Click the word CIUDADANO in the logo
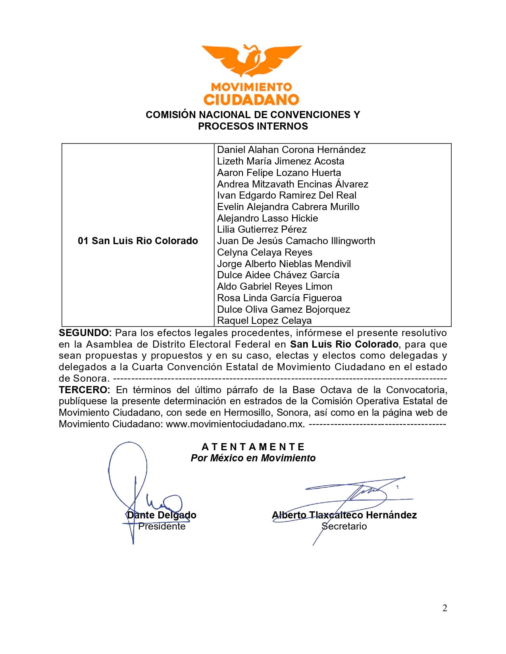click(x=251, y=99)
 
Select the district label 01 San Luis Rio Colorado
click(x=138, y=241)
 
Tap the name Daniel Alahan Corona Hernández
click(x=291, y=150)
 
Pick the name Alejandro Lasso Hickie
click(x=267, y=218)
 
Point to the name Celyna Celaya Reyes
click(x=264, y=252)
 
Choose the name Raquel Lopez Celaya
click(x=264, y=321)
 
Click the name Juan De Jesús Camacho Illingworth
click(x=296, y=241)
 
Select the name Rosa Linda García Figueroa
click(x=279, y=298)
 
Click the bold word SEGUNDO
click(x=85, y=333)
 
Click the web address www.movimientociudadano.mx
click(x=235, y=424)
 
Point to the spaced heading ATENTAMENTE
click(x=253, y=447)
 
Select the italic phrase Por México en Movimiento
click(x=253, y=458)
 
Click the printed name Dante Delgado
click(x=162, y=515)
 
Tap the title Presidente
click(x=162, y=526)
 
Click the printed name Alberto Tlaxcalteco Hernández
click(x=344, y=515)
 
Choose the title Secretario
click(x=344, y=526)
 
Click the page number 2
click(x=444, y=608)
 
